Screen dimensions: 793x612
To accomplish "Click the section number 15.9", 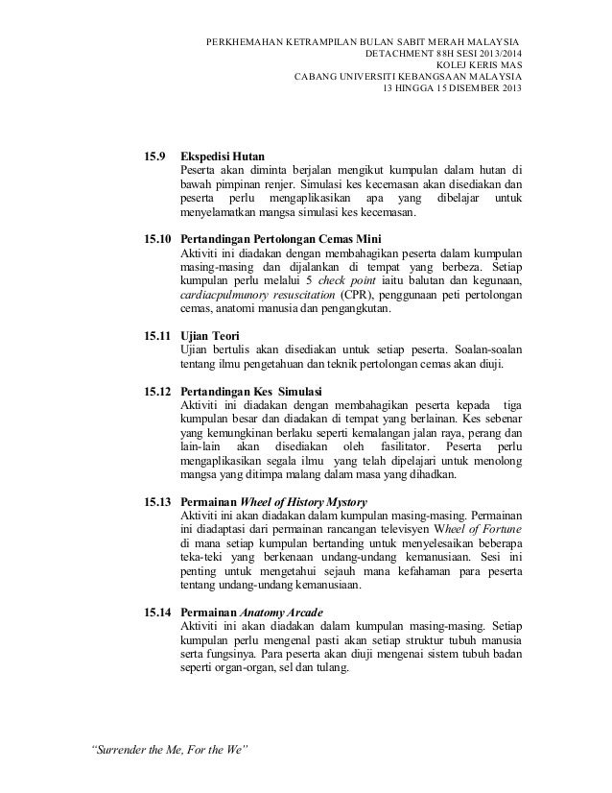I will point(153,155).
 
